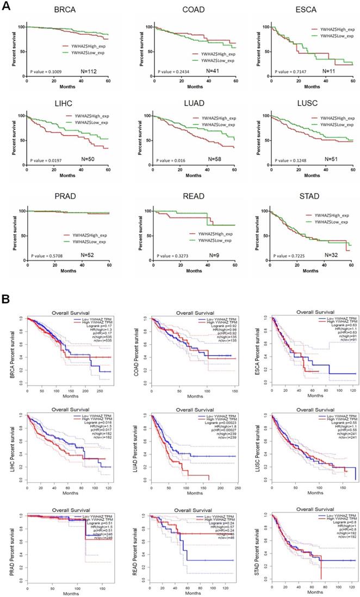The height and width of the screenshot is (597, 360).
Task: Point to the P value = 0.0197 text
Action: [x=45, y=161]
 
